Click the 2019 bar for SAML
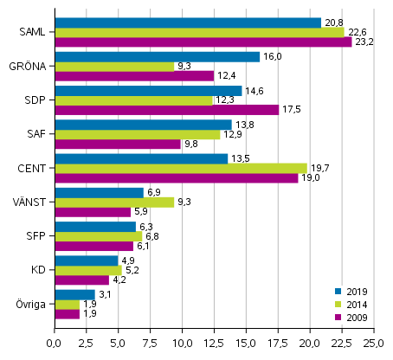[x=187, y=22]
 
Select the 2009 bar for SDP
[x=166, y=110]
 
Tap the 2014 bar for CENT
[x=180, y=168]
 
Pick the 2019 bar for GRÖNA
[x=157, y=56]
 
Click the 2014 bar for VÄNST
[x=114, y=202]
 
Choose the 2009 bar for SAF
[x=117, y=144]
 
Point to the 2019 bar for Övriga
[x=74, y=294]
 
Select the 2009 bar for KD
[x=81, y=280]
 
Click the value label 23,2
[x=364, y=42]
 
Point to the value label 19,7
[x=320, y=168]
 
